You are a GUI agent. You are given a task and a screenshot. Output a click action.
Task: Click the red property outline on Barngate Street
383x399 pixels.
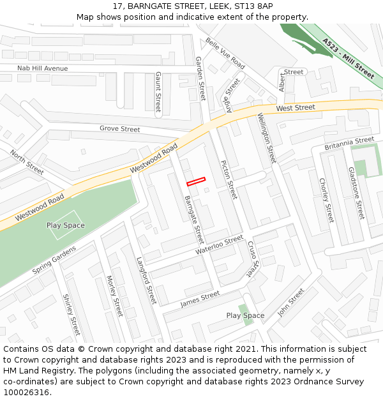point(196,181)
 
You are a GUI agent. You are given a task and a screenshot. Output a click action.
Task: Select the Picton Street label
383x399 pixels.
point(228,179)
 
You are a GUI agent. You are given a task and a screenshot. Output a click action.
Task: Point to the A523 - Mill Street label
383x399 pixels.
point(349,58)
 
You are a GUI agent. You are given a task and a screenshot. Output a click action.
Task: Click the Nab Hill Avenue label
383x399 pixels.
point(42,68)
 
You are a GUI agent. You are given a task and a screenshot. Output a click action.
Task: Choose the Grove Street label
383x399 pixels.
point(119,129)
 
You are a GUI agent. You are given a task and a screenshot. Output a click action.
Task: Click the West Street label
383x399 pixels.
point(296,109)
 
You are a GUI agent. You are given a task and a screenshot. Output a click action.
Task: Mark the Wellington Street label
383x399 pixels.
point(266,137)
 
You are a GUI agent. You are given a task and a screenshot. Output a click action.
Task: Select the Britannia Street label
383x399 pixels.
point(349,143)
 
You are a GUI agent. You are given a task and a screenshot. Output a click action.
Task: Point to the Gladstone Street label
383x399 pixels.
point(356,193)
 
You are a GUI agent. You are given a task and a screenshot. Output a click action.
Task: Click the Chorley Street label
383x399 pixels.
point(326,200)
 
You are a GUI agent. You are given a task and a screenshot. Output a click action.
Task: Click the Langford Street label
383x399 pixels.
point(146,280)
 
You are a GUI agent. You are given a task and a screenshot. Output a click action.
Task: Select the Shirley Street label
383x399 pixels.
point(70,314)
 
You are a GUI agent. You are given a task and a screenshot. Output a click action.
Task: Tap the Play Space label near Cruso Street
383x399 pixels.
point(245,316)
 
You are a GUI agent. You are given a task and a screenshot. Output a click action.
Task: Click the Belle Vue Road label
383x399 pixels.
point(225,54)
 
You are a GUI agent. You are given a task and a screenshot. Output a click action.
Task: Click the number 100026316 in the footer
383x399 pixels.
point(27,392)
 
